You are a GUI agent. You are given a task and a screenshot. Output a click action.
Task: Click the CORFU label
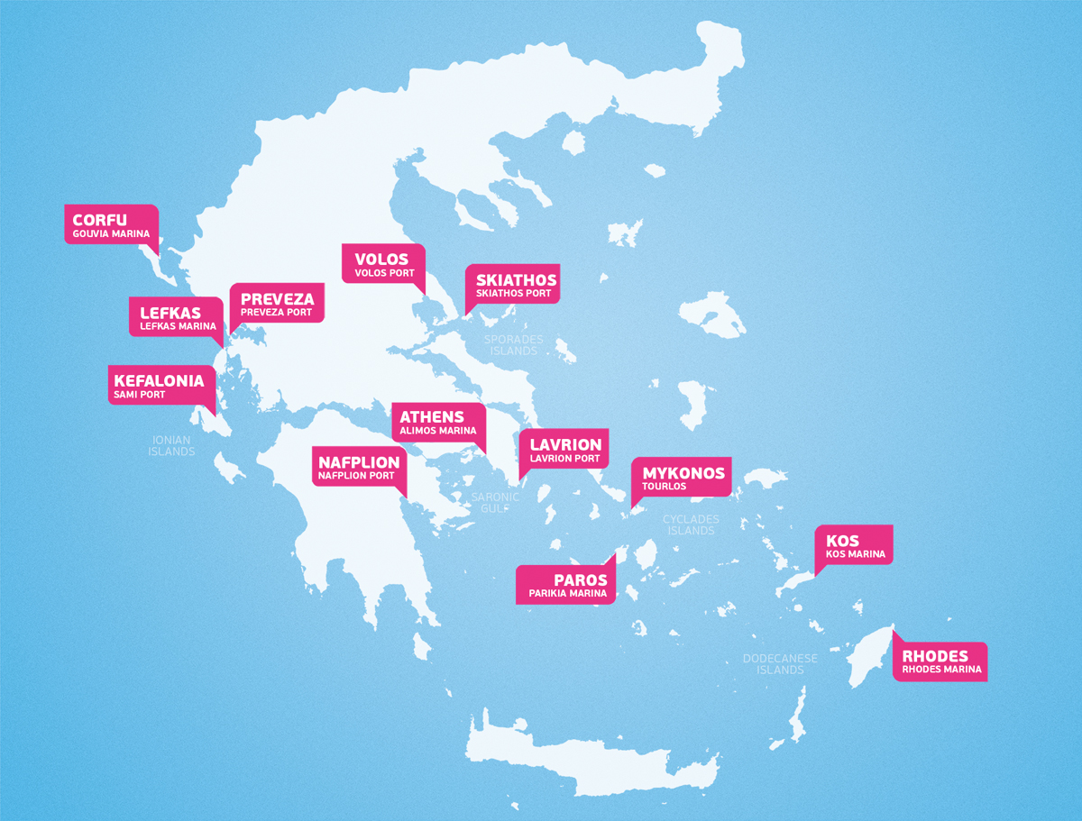tap(100, 220)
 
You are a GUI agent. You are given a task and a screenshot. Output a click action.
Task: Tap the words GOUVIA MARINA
tap(111, 234)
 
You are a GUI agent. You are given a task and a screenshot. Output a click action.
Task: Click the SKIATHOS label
tap(516, 280)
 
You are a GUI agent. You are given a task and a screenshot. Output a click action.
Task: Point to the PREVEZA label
tap(277, 299)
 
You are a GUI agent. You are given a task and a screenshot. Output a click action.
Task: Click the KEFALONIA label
tap(159, 381)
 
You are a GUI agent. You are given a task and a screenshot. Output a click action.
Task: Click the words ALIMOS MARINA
tap(437, 431)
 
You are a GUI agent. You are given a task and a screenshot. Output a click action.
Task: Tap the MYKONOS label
tap(683, 473)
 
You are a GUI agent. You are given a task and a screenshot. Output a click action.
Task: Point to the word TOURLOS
tap(664, 487)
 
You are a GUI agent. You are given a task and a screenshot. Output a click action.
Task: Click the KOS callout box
tap(854, 544)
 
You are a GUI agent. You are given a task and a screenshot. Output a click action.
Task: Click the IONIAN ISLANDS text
tap(171, 445)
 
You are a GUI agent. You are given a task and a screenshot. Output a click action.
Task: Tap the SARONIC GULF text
tap(495, 502)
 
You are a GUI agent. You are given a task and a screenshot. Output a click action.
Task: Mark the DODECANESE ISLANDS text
tap(780, 664)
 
